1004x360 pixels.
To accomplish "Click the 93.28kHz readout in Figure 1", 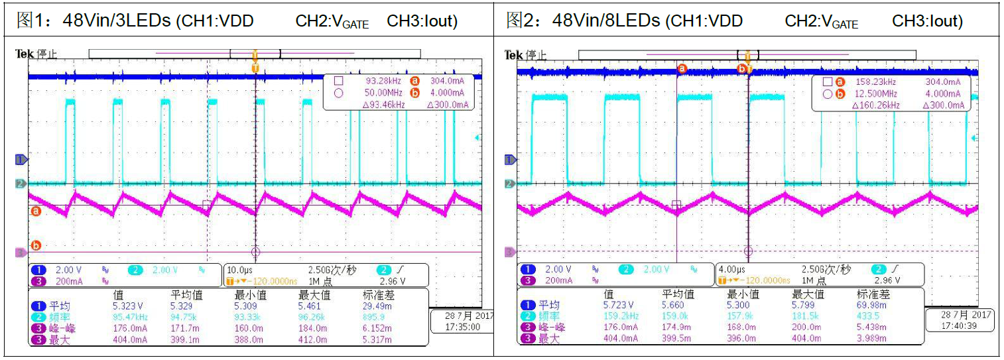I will (381, 82).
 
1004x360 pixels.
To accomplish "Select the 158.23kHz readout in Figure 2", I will (875, 82).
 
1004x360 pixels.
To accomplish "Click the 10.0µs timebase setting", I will (237, 270).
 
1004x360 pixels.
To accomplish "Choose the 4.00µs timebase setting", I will (728, 270).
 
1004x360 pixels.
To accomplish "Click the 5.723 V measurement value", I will (617, 306).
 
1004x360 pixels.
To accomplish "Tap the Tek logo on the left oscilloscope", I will (23, 54).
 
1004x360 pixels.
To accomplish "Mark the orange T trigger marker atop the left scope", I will (255, 67).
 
